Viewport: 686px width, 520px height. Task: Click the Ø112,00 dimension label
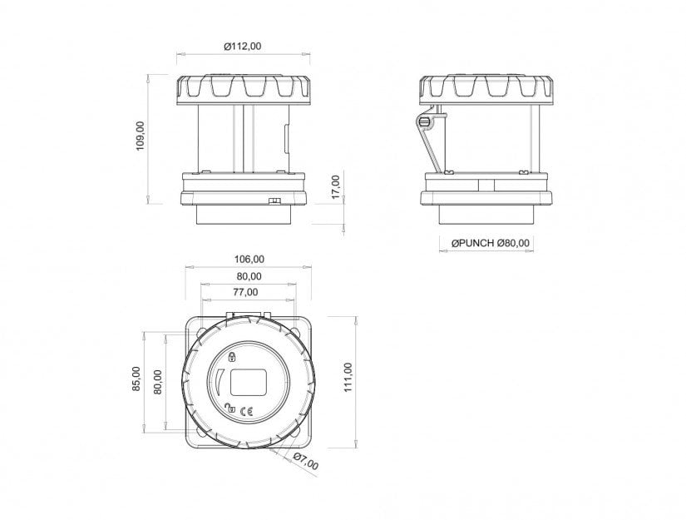point(242,46)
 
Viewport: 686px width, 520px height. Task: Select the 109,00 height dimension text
point(141,136)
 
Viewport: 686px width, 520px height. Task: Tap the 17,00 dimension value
point(336,187)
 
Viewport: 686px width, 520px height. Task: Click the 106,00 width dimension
point(249,259)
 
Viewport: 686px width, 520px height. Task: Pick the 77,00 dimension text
point(245,292)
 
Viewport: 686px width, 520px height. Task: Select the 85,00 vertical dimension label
point(137,379)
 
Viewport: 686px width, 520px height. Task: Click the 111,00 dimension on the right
point(348,377)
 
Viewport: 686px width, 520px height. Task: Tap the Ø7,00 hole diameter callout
point(305,462)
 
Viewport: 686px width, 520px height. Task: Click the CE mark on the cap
point(247,411)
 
